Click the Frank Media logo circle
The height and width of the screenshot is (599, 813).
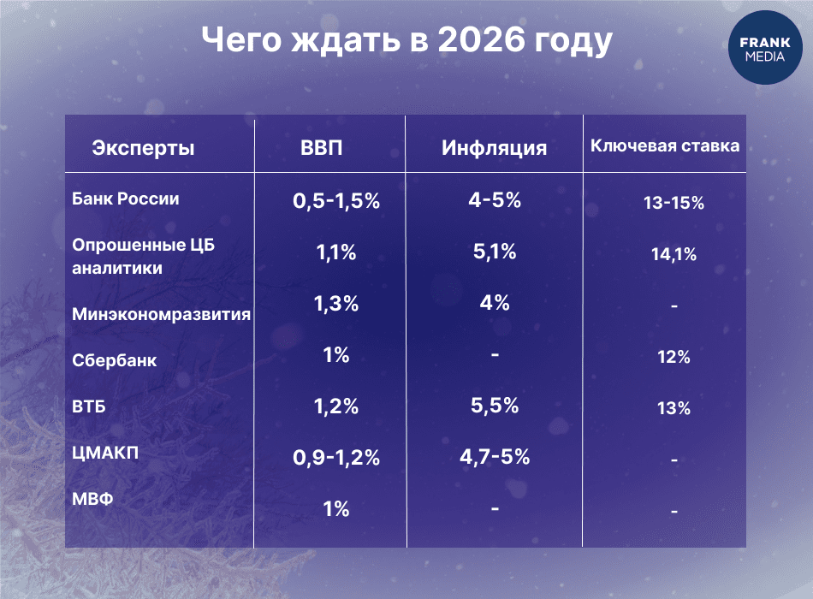765,48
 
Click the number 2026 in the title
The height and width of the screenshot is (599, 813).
481,39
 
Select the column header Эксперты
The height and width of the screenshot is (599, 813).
143,148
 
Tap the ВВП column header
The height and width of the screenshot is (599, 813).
322,148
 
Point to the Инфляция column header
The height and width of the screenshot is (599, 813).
494,148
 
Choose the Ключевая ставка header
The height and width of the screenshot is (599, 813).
665,145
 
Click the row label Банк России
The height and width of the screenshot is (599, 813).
126,199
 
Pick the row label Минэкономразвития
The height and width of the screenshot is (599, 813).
161,314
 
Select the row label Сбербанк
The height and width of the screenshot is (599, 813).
114,360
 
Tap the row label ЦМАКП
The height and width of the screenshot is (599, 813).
105,453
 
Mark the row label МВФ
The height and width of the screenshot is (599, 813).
92,499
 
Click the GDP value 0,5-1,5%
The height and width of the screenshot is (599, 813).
336,201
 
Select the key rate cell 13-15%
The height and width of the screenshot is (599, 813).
674,202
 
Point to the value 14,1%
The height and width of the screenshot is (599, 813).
674,254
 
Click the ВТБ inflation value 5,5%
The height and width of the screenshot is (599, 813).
495,406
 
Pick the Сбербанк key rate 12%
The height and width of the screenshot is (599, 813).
674,357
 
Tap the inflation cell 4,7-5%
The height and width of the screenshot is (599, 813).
495,457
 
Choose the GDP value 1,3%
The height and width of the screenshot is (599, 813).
336,304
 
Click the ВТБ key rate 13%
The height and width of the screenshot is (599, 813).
674,408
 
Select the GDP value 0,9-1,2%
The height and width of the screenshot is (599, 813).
336,458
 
